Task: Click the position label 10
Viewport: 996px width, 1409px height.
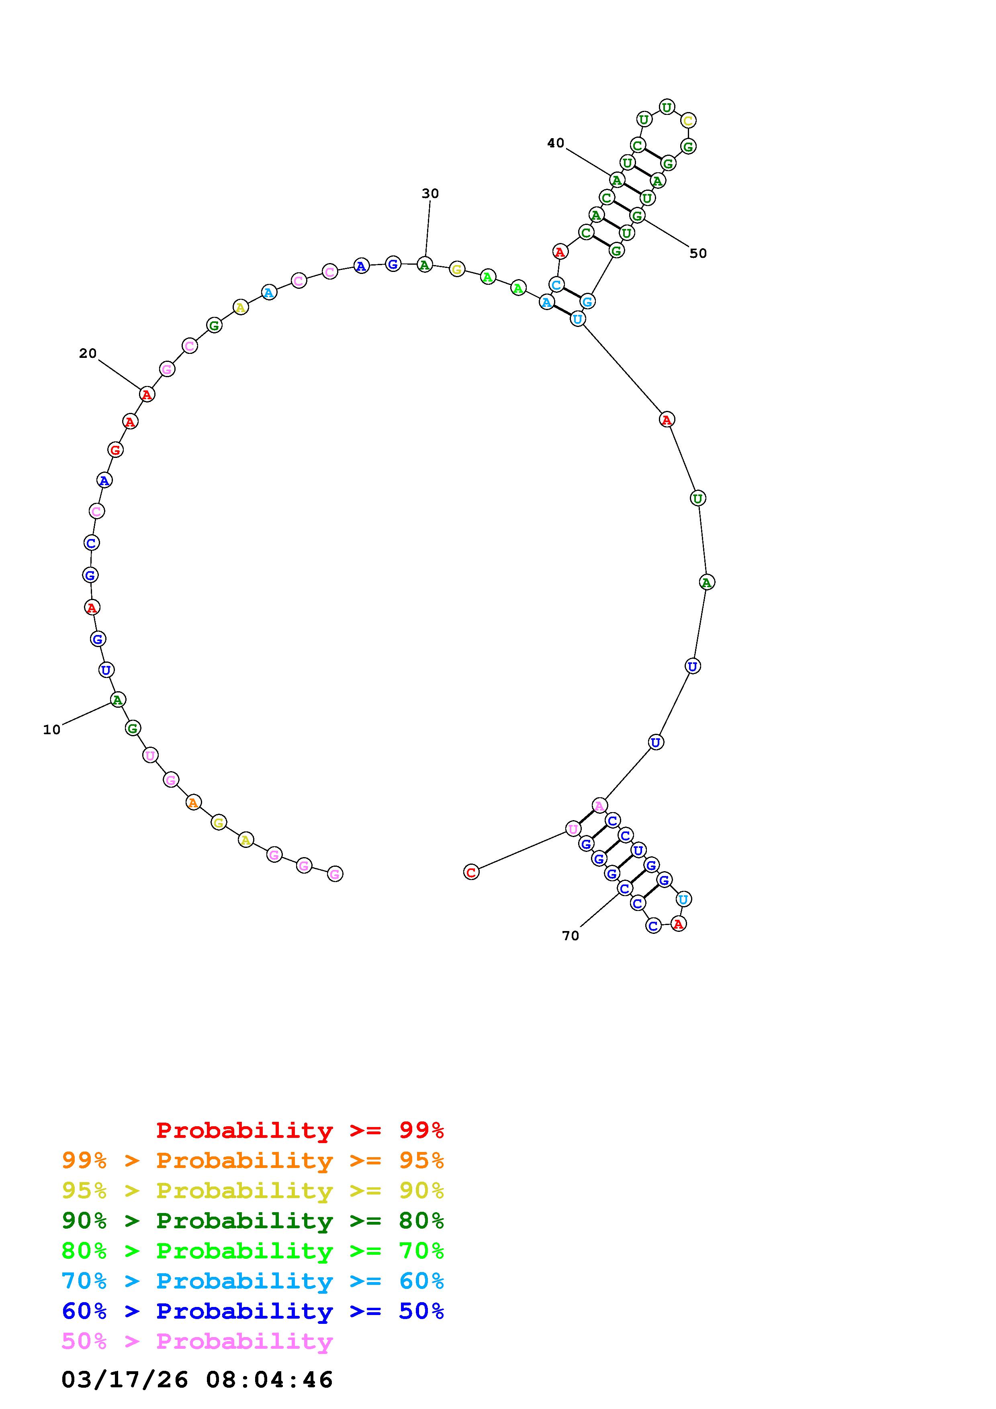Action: pyautogui.click(x=51, y=730)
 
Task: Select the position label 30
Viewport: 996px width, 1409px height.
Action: pyautogui.click(x=430, y=194)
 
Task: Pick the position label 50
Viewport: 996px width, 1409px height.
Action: pyautogui.click(x=698, y=253)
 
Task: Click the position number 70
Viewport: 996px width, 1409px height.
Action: pyautogui.click(x=570, y=936)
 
